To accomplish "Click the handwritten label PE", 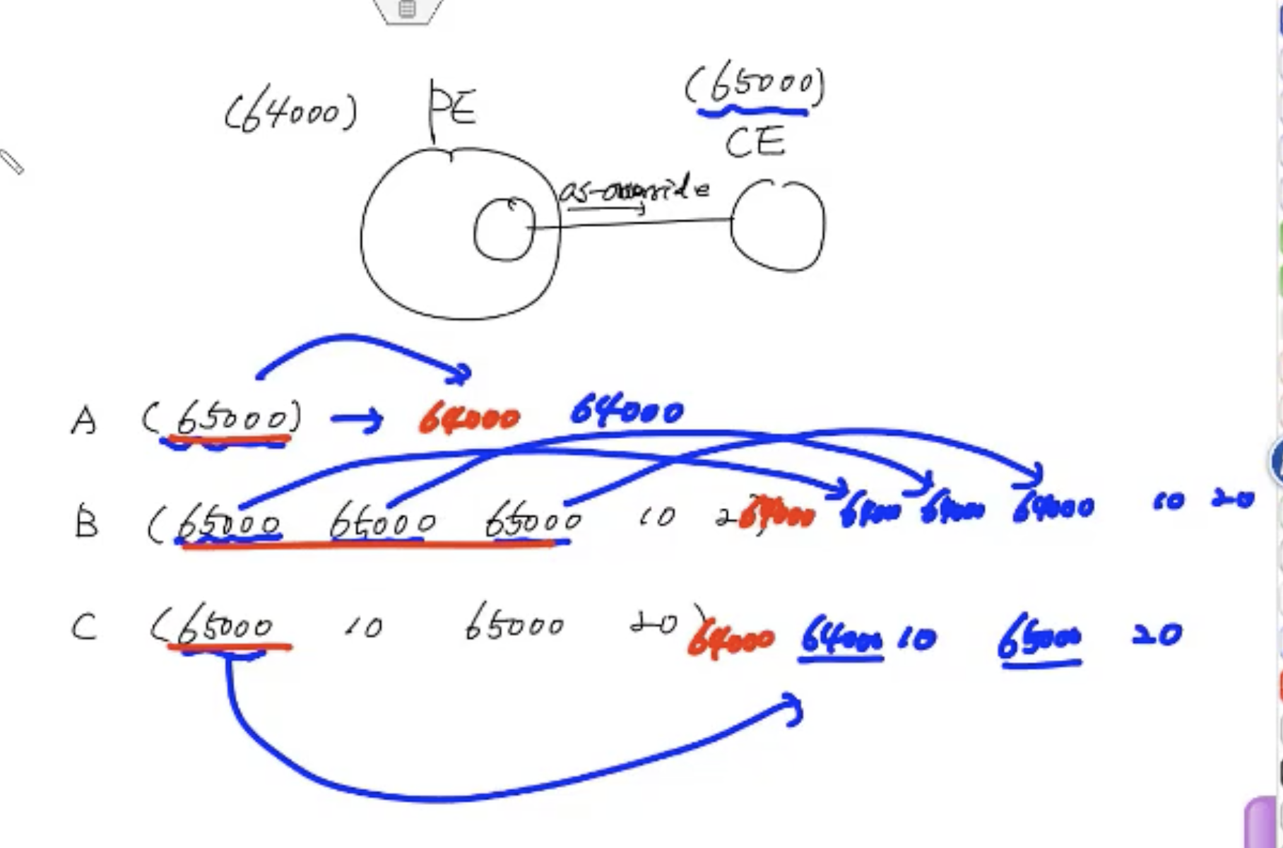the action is click(453, 107).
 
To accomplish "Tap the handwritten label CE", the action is click(755, 142).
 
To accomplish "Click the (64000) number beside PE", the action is click(291, 114).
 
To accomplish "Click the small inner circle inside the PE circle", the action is click(504, 229).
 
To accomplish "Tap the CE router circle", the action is click(778, 225).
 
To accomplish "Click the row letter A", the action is click(84, 421).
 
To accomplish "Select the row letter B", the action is click(86, 524).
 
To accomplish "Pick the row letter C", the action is click(84, 627).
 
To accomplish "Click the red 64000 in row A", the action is click(470, 419).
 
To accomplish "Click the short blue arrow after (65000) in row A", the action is click(357, 420).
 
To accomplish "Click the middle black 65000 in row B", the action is click(382, 524).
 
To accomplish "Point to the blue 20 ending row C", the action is click(1157, 635).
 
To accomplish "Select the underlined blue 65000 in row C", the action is click(1039, 639).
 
